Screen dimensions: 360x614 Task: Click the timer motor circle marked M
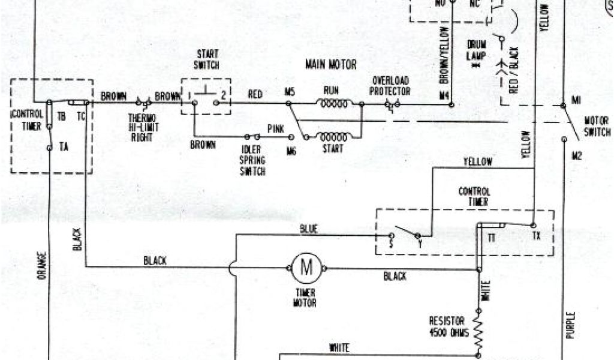306,267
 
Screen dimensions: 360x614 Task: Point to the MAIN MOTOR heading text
330,64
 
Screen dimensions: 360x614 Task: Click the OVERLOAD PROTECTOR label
391,86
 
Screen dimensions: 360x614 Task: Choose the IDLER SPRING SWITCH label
252,161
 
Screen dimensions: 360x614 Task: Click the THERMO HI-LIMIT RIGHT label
143,127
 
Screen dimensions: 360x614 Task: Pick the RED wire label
255,94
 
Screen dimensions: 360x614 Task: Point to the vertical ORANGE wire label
41,265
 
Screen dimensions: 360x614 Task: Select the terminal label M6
291,151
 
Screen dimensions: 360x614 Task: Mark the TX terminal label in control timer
537,235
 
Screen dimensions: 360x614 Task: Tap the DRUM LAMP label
477,50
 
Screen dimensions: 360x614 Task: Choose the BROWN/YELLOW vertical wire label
444,54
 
